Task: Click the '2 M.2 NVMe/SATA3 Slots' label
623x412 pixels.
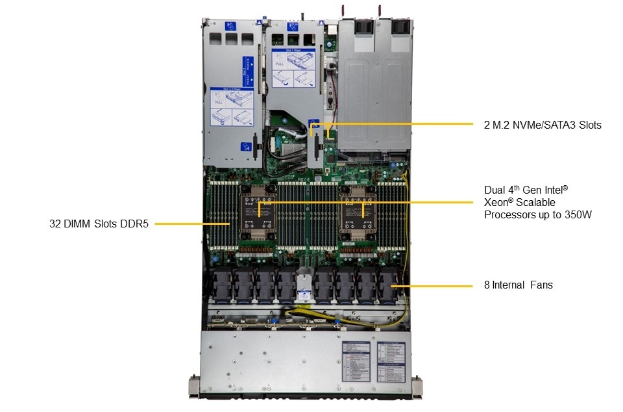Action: (x=543, y=125)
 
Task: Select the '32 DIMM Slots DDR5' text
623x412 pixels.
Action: (x=99, y=224)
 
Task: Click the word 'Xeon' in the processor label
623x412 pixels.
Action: (x=496, y=202)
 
